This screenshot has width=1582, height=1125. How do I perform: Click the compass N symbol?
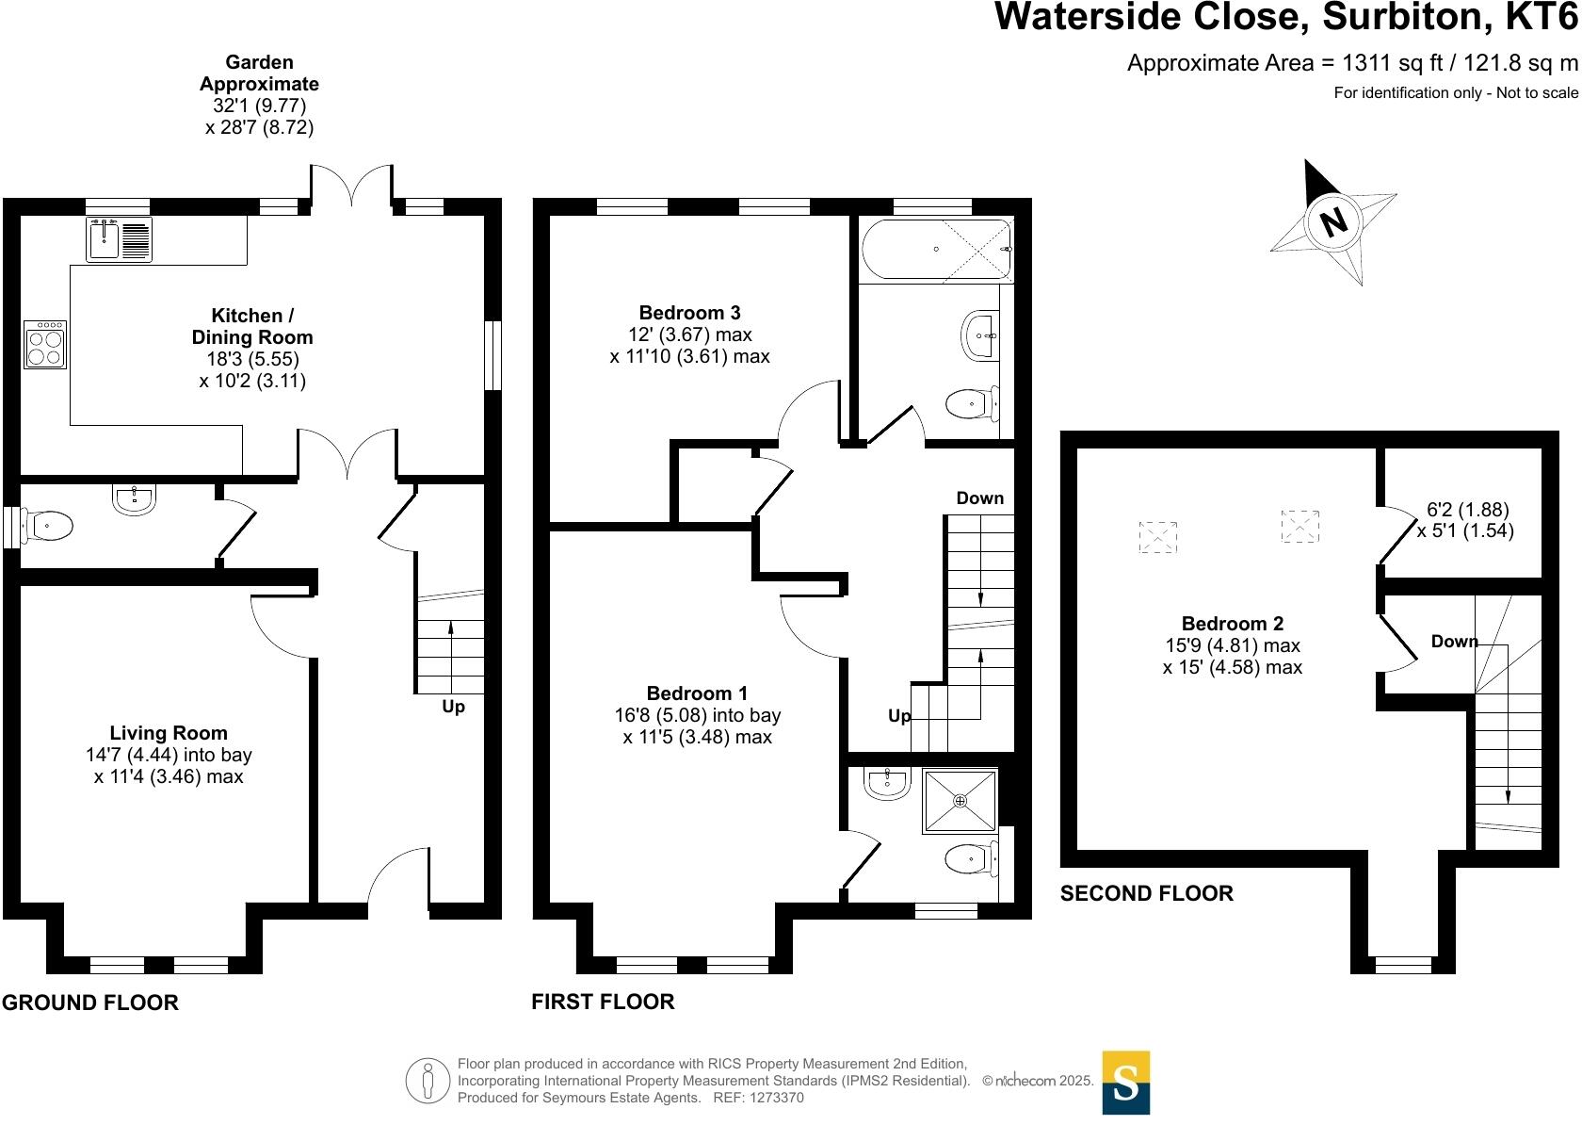1333,222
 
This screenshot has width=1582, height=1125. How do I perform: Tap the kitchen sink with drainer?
119,238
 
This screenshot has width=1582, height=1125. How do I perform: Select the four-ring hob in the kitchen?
45,344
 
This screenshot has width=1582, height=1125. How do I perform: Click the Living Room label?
169,733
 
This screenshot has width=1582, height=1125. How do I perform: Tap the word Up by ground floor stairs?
453,707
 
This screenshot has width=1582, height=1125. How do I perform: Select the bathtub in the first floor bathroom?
936,250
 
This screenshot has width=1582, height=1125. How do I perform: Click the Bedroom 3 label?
689,313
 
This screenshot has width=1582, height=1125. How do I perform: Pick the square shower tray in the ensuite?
960,801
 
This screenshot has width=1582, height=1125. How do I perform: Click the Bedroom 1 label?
697,693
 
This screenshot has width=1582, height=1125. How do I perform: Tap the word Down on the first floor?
979,498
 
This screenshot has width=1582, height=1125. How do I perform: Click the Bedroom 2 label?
1232,624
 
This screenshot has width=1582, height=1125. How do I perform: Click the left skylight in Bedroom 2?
1158,537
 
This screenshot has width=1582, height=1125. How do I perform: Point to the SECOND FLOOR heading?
1146,893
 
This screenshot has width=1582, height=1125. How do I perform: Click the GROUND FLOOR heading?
90,1003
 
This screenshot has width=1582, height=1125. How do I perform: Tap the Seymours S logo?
1125,1083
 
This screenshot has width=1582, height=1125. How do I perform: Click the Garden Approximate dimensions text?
259,94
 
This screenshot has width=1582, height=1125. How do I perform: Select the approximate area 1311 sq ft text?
1351,63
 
